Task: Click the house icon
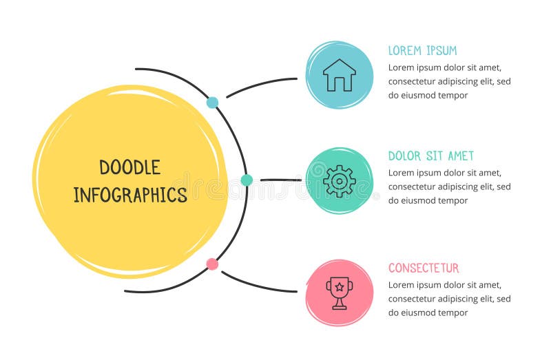[x=340, y=75]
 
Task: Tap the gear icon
[x=340, y=181]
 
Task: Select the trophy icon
[x=339, y=293]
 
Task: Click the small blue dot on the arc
[x=212, y=103]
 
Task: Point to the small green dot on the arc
[x=247, y=180]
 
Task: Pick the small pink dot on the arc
[x=212, y=264]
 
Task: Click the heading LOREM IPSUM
[x=422, y=50]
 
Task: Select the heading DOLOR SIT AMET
[x=431, y=156]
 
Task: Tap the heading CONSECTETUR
[x=424, y=268]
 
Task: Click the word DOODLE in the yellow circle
[x=130, y=167]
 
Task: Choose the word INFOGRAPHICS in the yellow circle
[x=130, y=195]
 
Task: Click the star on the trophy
[x=339, y=286]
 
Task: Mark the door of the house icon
[x=340, y=84]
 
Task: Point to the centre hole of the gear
[x=340, y=181]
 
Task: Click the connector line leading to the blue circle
[x=262, y=84]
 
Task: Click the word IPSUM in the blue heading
[x=442, y=50]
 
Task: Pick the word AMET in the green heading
[x=460, y=156]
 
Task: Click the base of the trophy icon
[x=339, y=307]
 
